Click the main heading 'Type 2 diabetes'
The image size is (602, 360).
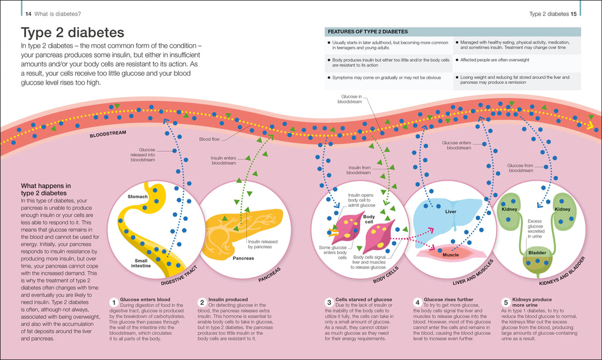coord(72,32)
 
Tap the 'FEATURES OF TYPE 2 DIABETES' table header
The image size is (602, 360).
coord(367,32)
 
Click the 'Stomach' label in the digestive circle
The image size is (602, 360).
coord(138,197)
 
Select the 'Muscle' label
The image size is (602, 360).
coord(450,255)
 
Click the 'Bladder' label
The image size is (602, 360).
coord(537,252)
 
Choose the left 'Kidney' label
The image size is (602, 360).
coord(509,209)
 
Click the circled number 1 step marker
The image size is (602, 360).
coord(113,302)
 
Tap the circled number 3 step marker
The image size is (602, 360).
coord(330,302)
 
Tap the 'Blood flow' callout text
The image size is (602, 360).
coord(210,139)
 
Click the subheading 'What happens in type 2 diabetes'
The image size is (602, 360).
coord(45,189)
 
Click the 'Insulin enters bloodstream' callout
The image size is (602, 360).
coord(223,160)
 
